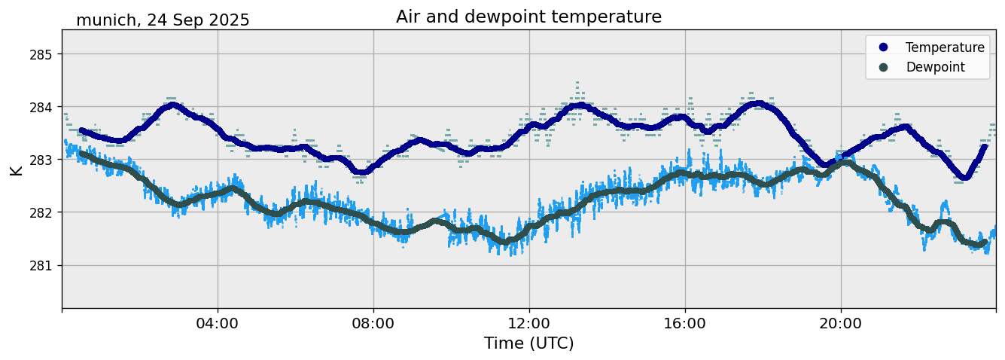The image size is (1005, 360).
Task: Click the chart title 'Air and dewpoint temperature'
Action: tap(528, 17)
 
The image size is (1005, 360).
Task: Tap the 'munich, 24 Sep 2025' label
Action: tap(163, 20)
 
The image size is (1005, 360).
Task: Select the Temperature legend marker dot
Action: tap(883, 47)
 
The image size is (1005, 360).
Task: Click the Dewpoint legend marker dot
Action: tap(883, 67)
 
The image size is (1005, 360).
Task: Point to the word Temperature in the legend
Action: tap(945, 47)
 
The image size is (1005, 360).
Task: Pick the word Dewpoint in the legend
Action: tap(935, 67)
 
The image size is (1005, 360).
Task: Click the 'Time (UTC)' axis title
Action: tap(528, 343)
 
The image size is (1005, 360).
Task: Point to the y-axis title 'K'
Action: tap(16, 169)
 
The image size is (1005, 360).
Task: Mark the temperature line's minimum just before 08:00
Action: tap(362, 172)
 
